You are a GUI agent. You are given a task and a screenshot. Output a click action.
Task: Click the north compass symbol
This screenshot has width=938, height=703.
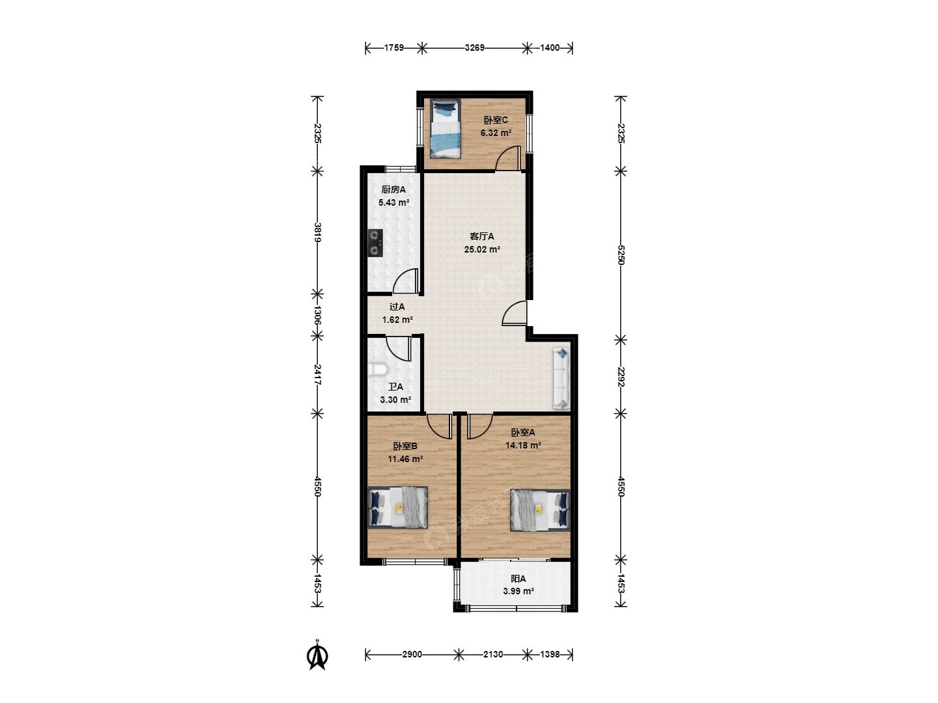(x=317, y=656)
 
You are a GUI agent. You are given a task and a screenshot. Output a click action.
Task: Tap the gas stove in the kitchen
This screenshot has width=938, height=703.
(x=375, y=243)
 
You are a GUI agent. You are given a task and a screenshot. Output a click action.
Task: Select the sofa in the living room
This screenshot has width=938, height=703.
(x=561, y=379)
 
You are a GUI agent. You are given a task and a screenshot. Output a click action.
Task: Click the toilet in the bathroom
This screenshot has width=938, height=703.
(x=377, y=370)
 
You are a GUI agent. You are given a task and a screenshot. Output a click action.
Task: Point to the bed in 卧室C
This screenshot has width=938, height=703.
(x=446, y=128)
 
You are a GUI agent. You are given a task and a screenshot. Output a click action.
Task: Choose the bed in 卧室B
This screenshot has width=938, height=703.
(x=398, y=508)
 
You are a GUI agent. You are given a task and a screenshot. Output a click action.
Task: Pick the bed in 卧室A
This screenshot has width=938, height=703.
(x=540, y=510)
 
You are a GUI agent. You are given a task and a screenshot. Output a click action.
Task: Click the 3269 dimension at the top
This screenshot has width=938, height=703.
(x=474, y=48)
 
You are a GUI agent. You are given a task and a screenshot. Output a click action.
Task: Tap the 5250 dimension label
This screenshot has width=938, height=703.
(x=621, y=255)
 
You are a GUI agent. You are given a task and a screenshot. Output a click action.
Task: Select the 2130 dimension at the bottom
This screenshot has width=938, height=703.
(x=492, y=654)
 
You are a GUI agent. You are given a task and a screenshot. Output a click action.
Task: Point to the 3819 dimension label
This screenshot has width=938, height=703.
(x=317, y=232)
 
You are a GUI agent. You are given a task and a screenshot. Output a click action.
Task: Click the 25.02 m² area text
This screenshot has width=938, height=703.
(x=482, y=249)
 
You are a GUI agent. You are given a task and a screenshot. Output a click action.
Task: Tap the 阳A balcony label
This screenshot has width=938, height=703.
(x=519, y=579)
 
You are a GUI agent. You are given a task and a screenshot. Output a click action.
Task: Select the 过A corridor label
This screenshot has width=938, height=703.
(x=397, y=307)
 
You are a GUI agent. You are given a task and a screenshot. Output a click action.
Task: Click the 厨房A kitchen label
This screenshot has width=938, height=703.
(x=393, y=189)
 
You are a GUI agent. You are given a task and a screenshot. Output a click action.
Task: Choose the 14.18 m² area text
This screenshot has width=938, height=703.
(x=523, y=446)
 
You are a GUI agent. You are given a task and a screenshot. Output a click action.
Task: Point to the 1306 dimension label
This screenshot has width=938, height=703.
(x=317, y=315)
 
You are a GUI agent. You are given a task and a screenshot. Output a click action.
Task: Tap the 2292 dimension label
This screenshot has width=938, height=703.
(x=621, y=377)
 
